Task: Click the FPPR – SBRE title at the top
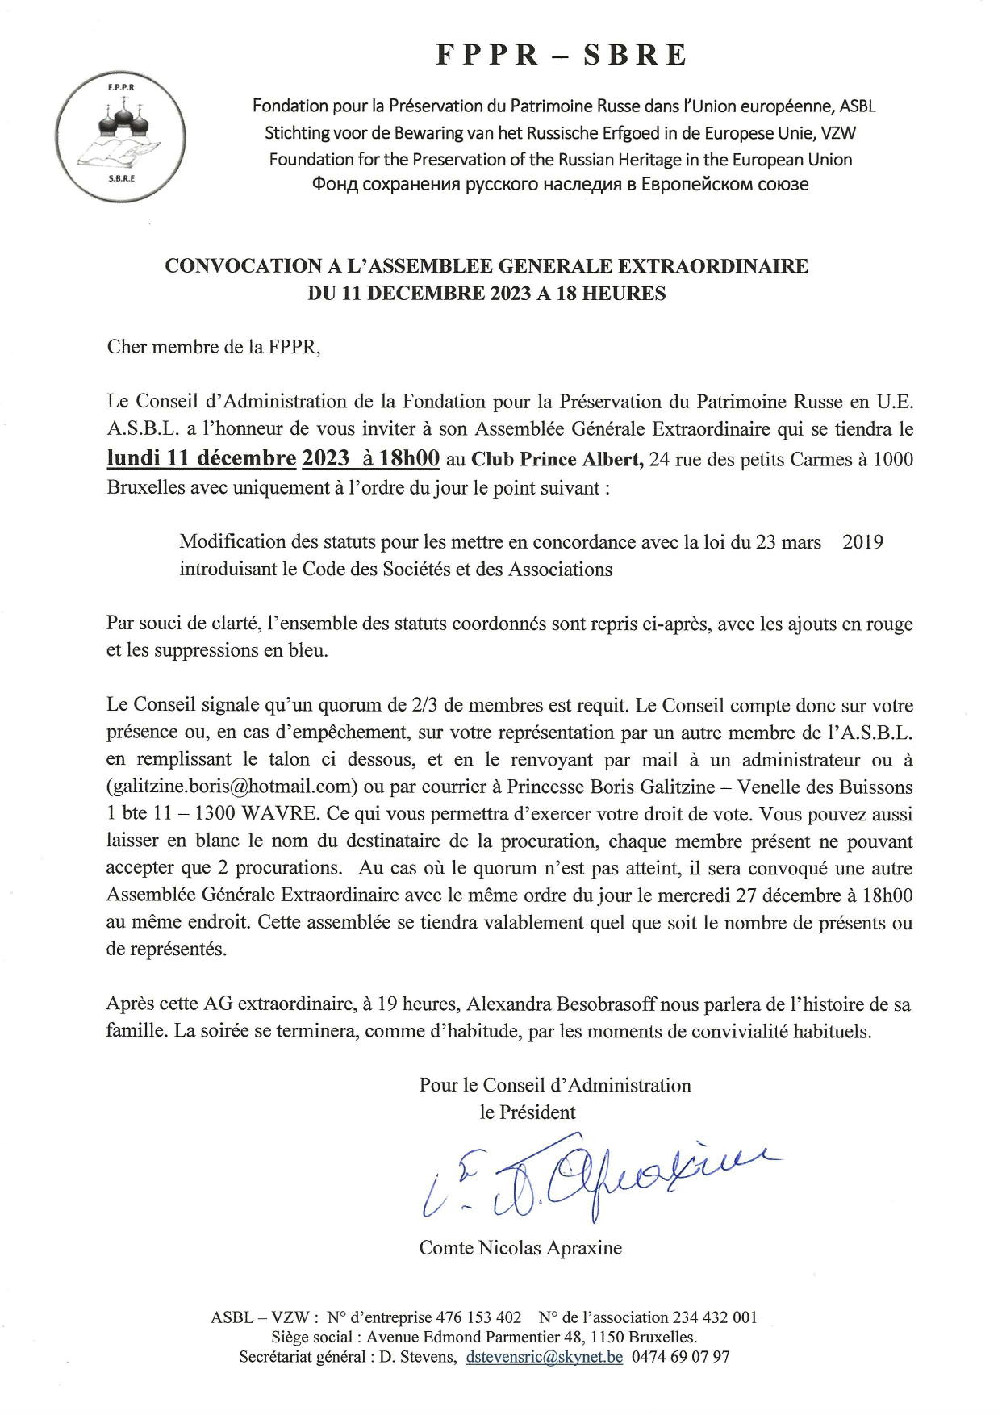[562, 55]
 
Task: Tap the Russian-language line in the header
[560, 184]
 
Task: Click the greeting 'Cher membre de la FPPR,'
[214, 348]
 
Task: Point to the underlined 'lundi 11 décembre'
[202, 458]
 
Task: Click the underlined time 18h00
[409, 458]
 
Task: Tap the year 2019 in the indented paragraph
[862, 541]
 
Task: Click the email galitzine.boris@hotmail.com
[232, 787]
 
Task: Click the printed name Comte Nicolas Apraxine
[520, 1248]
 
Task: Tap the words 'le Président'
[528, 1112]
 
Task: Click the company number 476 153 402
[478, 1317]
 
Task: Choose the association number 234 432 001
[714, 1317]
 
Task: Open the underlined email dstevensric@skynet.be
[545, 1357]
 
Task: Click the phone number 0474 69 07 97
[681, 1357]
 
